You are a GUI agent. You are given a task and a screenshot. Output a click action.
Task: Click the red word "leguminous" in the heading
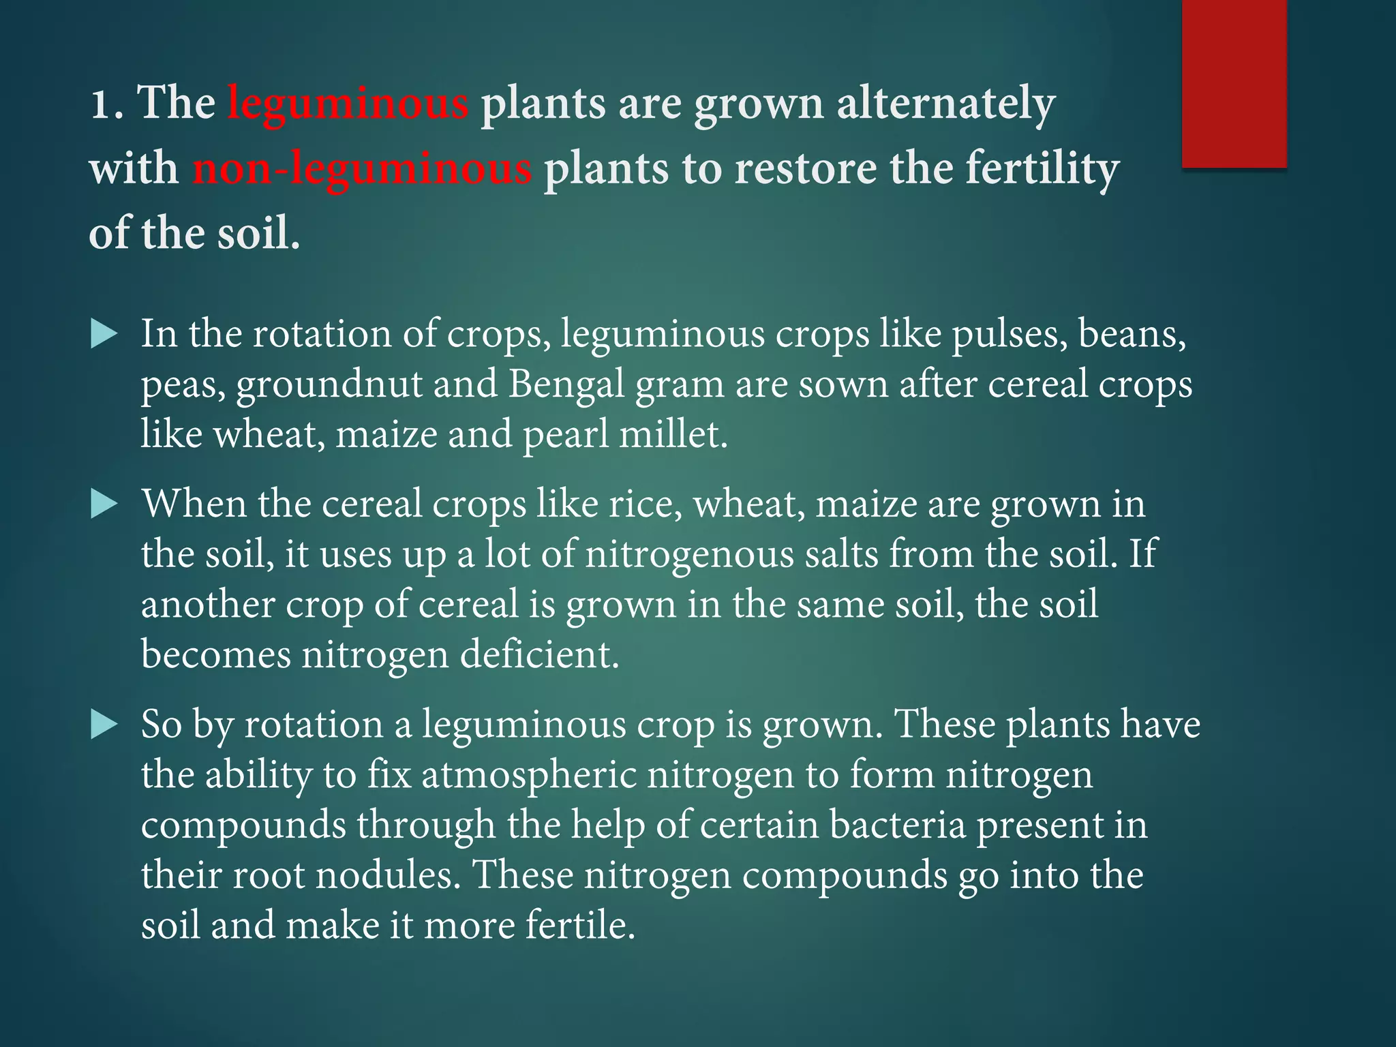pos(348,104)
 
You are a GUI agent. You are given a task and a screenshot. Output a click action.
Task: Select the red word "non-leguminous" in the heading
pos(361,169)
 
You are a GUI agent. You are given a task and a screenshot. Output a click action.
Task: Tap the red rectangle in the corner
pos(1234,83)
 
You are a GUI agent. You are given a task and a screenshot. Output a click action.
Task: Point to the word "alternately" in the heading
pos(945,104)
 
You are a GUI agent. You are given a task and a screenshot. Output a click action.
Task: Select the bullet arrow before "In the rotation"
pos(104,335)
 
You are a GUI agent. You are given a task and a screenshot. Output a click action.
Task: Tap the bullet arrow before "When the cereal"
pos(104,505)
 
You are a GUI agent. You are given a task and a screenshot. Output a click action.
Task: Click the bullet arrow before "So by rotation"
pos(104,725)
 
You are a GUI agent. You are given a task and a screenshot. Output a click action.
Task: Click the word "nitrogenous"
pos(689,554)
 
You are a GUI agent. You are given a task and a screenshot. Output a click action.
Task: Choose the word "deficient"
pos(539,654)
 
